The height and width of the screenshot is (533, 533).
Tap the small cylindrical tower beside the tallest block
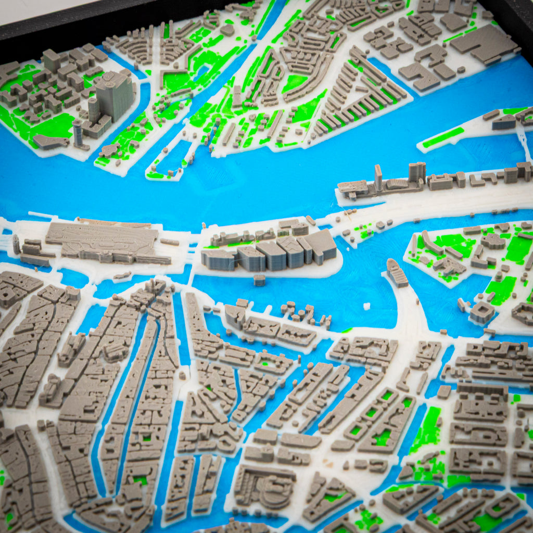pos(78,133)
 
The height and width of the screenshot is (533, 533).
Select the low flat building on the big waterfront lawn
pos(50,142)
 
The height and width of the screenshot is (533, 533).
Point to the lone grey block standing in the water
pos(259,280)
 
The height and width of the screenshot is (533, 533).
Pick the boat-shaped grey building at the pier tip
pos(397,272)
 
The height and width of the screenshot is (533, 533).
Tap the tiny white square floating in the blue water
pos(366,306)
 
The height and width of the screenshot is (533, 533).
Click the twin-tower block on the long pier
pos(416,172)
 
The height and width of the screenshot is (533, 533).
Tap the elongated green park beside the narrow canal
pos(427,429)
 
